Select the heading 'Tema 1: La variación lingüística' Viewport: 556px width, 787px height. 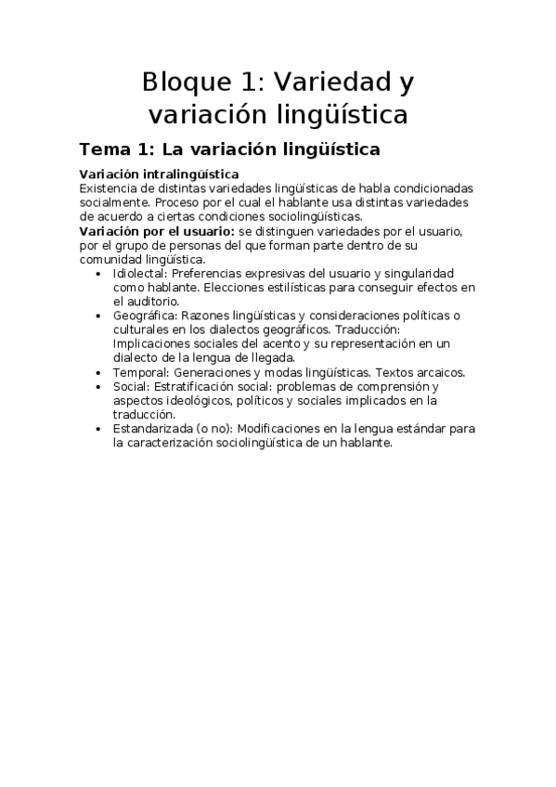tap(229, 148)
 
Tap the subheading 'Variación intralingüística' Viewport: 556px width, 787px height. tap(159, 174)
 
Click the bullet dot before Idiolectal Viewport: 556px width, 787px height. tap(100, 277)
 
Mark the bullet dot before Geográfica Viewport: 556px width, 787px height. tap(100, 316)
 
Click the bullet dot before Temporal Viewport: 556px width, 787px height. tap(100, 373)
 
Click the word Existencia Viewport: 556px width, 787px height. tap(110, 187)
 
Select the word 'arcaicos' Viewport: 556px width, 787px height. tap(438, 372)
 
